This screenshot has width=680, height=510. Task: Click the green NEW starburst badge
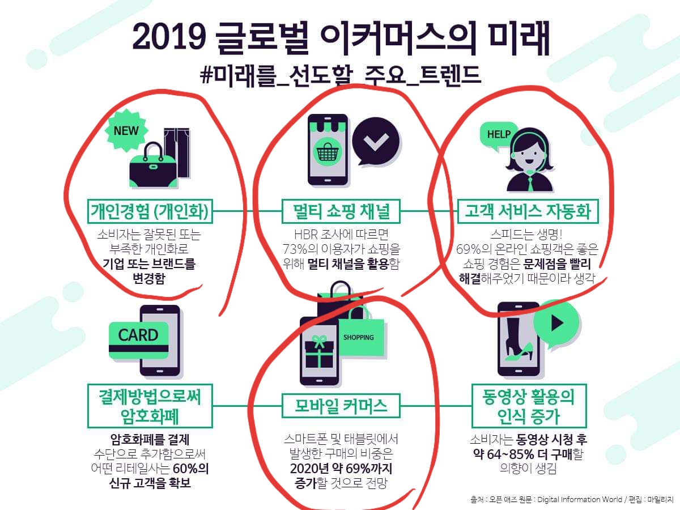[126, 131]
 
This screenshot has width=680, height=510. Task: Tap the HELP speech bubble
[498, 134]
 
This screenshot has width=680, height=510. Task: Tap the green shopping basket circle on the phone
[327, 152]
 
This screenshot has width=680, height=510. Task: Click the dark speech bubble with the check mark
[376, 142]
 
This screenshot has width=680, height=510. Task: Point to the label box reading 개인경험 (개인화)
[150, 211]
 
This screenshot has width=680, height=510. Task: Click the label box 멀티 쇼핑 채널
[341, 211]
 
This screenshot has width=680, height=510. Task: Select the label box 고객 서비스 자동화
[528, 211]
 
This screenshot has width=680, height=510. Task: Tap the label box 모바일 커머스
[341, 406]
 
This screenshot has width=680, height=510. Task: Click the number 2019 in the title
[169, 37]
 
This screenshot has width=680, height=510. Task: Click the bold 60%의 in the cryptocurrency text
[190, 469]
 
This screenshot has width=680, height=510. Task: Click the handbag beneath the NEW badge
[154, 166]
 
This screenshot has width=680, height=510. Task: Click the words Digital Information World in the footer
[580, 499]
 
